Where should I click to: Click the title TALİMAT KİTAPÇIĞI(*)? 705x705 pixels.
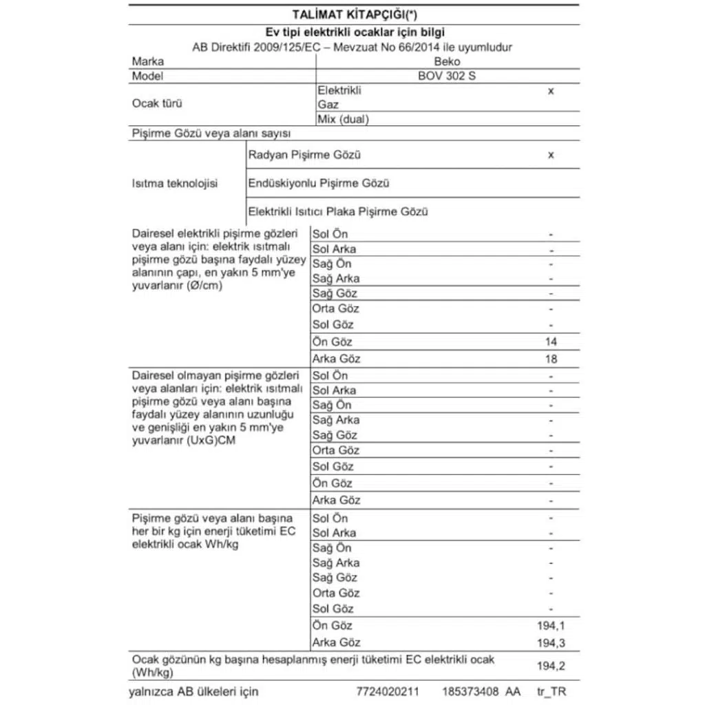354,14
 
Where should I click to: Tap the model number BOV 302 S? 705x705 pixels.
447,76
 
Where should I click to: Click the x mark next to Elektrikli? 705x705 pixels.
551,91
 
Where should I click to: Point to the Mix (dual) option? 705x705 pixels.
344,119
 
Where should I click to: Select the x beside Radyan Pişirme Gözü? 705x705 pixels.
551,156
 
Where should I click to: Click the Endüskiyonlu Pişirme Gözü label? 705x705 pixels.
319,184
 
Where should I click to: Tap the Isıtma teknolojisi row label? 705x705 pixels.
174,184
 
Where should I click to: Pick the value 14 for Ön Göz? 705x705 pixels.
551,341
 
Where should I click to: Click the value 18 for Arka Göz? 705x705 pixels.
551,359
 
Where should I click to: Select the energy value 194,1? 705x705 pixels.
549,626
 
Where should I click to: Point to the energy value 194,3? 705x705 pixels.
549,642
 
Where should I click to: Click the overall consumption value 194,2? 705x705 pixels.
549,666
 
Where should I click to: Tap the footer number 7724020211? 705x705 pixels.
388,691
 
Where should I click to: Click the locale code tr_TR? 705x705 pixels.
554,691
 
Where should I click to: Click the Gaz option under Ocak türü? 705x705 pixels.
328,105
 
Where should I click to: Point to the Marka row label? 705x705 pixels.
147,61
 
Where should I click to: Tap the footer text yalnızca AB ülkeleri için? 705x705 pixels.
195,691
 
